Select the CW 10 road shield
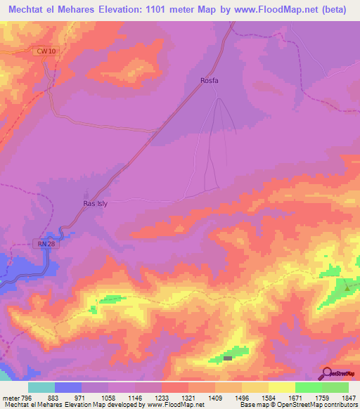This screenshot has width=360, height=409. [44, 52]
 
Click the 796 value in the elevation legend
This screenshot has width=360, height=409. [27, 398]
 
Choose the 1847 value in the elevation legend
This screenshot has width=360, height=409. [348, 398]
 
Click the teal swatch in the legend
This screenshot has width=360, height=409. [41, 387]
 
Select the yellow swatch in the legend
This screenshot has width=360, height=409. [281, 387]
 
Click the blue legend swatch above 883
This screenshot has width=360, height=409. [68, 387]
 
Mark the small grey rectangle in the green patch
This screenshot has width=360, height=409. [228, 358]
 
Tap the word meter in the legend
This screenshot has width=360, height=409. [11, 398]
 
